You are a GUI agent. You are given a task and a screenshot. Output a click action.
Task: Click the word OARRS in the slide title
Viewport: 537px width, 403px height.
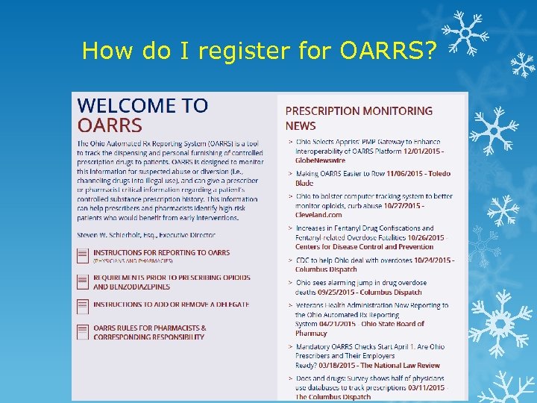pyautogui.click(x=383, y=51)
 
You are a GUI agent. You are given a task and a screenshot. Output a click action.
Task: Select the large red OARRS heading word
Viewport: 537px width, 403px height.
pyautogui.click(x=110, y=125)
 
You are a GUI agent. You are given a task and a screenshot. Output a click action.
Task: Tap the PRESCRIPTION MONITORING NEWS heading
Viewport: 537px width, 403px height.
pyautogui.click(x=359, y=118)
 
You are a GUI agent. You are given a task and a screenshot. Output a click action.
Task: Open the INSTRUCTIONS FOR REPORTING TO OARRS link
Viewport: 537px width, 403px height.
pyautogui.click(x=161, y=253)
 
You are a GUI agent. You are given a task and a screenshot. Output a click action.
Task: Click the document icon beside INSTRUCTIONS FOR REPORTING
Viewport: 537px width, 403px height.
pyautogui.click(x=83, y=255)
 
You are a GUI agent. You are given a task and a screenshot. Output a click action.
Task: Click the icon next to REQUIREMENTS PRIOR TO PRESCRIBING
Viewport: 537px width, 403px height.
pyautogui.click(x=83, y=281)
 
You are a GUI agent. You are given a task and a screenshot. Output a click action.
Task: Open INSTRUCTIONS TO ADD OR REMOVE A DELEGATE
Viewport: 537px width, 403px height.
pyautogui.click(x=171, y=304)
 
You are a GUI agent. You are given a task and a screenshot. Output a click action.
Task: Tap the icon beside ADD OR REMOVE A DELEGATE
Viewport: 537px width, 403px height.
pyautogui.click(x=83, y=306)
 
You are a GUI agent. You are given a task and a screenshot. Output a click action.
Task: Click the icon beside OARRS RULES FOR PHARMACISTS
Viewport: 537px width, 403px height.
pyautogui.click(x=83, y=332)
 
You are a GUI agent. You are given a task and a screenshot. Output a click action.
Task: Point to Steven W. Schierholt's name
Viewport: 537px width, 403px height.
pyautogui.click(x=110, y=234)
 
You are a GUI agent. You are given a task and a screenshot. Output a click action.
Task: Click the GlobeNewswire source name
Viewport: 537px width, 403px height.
pyautogui.click(x=320, y=160)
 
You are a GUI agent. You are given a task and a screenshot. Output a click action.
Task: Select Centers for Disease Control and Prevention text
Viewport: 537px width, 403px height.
pyautogui.click(x=364, y=246)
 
